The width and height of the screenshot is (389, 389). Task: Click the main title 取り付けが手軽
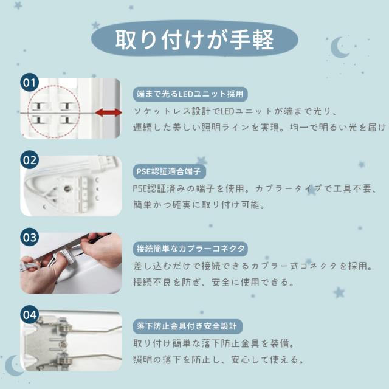pyautogui.click(x=194, y=40)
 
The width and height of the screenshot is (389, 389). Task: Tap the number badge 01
pyautogui.click(x=30, y=83)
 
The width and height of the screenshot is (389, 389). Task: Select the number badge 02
pyautogui.click(x=30, y=160)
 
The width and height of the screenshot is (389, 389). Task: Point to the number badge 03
pyautogui.click(x=30, y=238)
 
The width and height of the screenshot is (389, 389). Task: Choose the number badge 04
pyautogui.click(x=30, y=315)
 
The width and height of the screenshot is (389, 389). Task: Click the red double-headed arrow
pyautogui.click(x=108, y=112)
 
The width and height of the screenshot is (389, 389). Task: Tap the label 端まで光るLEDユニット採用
pyautogui.click(x=190, y=94)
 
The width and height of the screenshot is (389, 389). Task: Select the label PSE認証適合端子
pyautogui.click(x=169, y=171)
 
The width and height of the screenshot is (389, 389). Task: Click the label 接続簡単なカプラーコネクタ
pyautogui.click(x=190, y=249)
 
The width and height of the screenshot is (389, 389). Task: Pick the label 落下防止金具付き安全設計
pyautogui.click(x=188, y=326)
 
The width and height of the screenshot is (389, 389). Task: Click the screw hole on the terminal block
pyautogui.click(x=66, y=188)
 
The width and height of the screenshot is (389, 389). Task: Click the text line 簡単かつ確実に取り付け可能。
pyautogui.click(x=199, y=205)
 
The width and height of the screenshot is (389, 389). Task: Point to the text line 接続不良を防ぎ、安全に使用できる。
pyautogui.click(x=213, y=282)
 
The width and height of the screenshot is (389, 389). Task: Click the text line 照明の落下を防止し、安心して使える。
pyautogui.click(x=218, y=360)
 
